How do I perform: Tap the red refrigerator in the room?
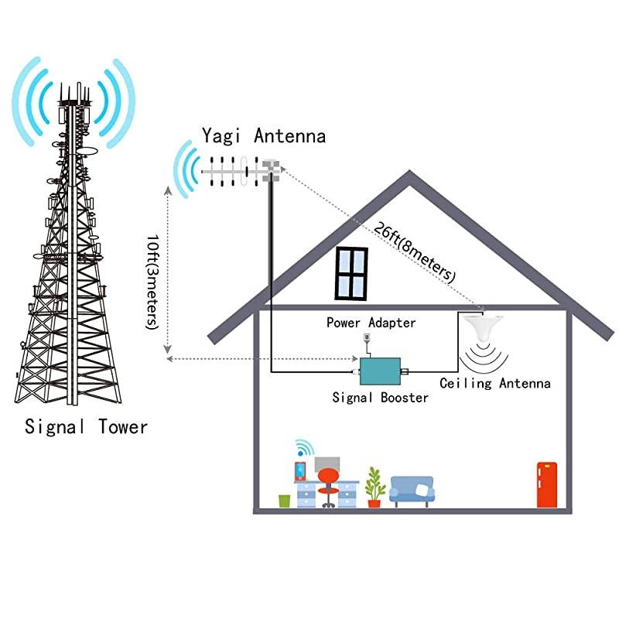pyautogui.click(x=546, y=484)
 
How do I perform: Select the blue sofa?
pyautogui.click(x=412, y=491)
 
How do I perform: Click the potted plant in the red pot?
pyautogui.click(x=375, y=487)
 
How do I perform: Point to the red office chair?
pyautogui.click(x=328, y=484)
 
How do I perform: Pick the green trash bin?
pyautogui.click(x=284, y=501)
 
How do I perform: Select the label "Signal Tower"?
pyautogui.click(x=86, y=426)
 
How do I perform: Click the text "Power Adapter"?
pyautogui.click(x=371, y=323)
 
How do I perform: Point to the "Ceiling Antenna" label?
pyautogui.click(x=495, y=383)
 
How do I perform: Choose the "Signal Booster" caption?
pyautogui.click(x=380, y=398)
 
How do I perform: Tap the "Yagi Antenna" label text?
pyautogui.click(x=264, y=136)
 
